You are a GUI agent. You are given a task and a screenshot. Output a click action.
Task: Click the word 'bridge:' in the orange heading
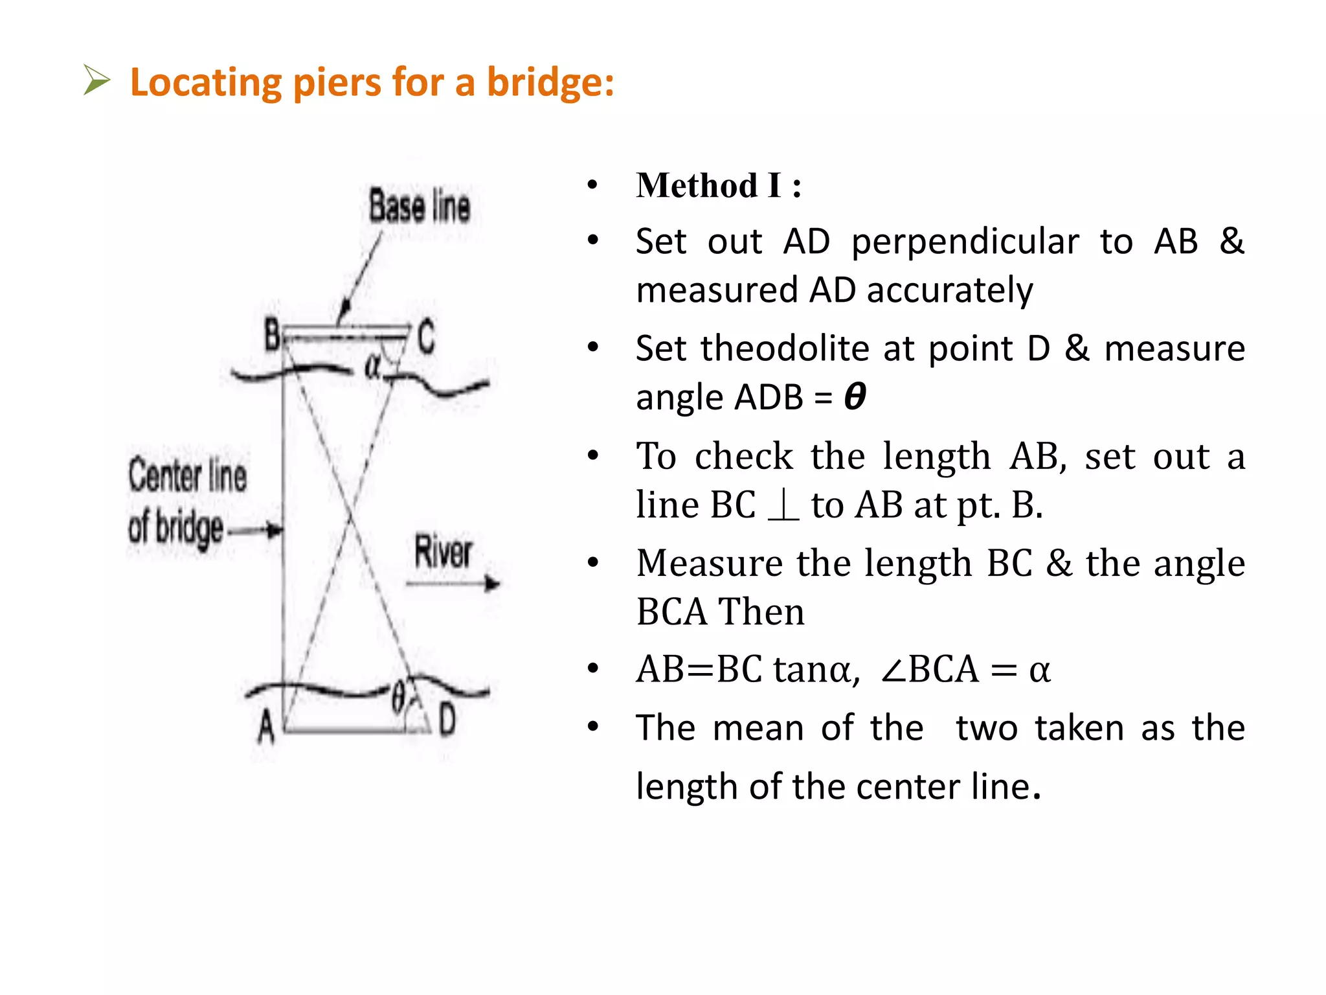[x=550, y=82]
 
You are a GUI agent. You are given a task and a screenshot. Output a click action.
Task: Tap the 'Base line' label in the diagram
[x=420, y=206]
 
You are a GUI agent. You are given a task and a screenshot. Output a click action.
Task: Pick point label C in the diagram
[x=425, y=337]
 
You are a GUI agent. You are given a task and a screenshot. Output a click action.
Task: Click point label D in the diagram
[x=447, y=720]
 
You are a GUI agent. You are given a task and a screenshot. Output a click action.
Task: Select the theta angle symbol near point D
[x=398, y=697]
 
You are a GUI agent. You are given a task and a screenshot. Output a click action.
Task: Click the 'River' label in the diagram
[x=444, y=552]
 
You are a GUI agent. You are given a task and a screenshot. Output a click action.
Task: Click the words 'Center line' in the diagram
[x=187, y=475]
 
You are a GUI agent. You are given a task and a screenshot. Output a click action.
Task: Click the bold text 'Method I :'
[x=719, y=186]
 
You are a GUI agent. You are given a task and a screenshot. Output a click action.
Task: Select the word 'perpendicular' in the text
[x=965, y=242]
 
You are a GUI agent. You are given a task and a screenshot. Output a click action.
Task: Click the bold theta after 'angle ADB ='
[x=855, y=396]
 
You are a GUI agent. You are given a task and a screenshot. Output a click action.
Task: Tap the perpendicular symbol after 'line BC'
[x=783, y=505]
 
